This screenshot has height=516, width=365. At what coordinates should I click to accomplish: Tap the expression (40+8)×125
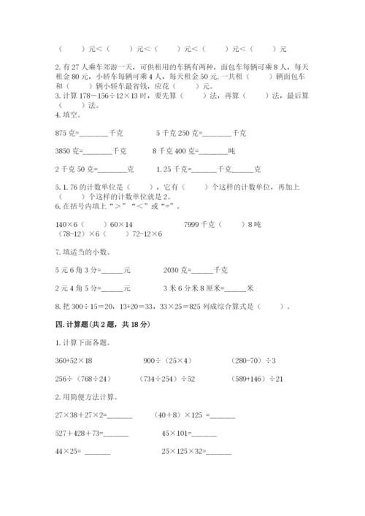(x=178, y=415)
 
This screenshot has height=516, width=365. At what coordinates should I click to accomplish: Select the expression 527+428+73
(x=74, y=434)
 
